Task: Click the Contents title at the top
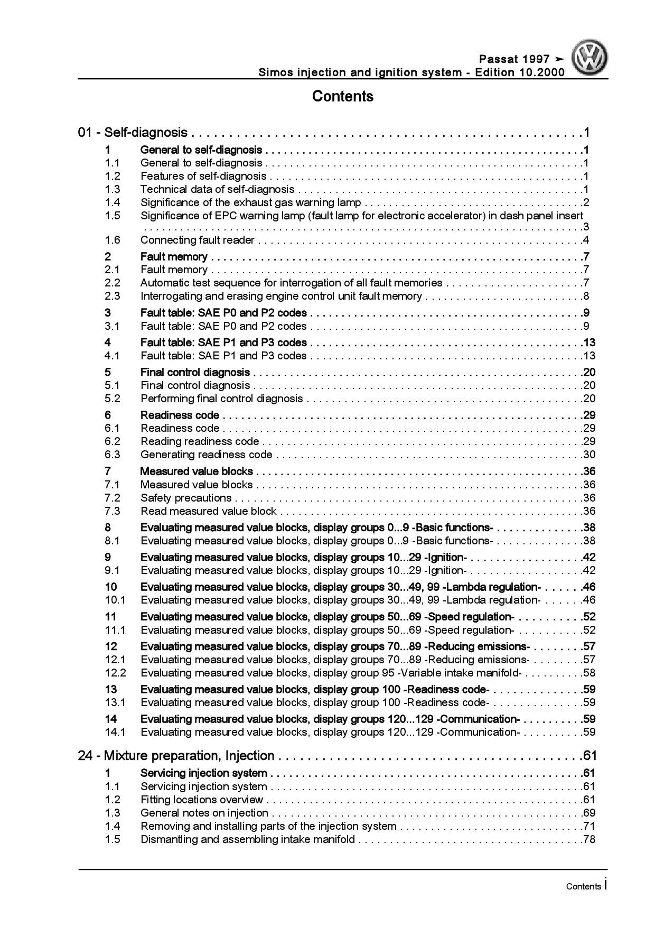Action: coord(342,96)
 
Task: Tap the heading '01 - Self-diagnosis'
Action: coord(133,133)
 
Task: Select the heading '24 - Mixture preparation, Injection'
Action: coord(176,756)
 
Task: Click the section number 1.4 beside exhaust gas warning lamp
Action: coord(112,202)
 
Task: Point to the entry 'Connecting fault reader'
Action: coord(198,240)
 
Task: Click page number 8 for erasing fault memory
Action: coord(586,296)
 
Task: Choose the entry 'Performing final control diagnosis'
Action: coord(222,398)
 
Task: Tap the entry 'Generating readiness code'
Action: coord(207,455)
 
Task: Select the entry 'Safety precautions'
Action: coord(186,498)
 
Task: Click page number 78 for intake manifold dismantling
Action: coord(589,839)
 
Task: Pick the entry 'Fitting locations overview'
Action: coord(202,800)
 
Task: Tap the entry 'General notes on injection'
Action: coord(204,813)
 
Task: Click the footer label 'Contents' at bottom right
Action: coord(583,886)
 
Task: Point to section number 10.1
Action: coord(115,600)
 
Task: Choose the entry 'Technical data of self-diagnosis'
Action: coord(218,189)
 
